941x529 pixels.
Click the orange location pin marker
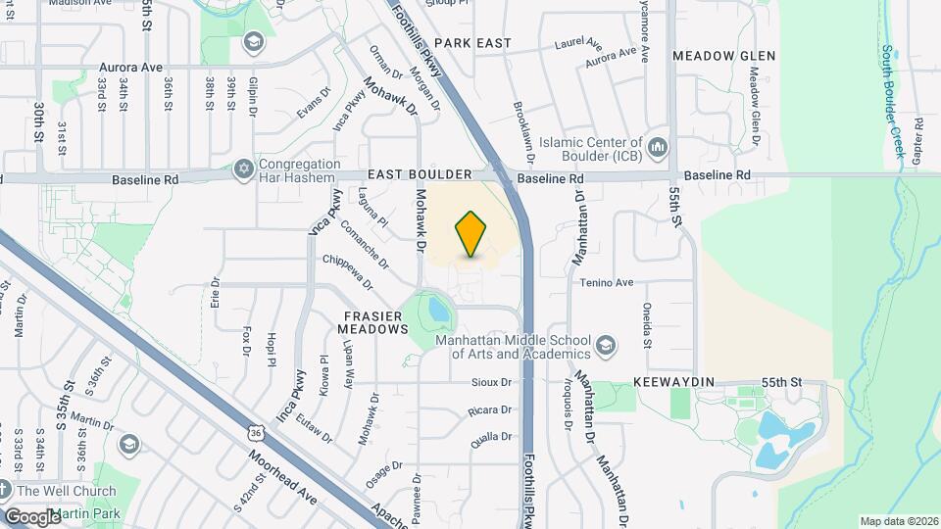point(471,234)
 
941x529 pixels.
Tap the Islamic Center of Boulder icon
point(658,147)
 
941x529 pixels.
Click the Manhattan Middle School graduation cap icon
point(607,345)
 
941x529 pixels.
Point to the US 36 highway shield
point(255,432)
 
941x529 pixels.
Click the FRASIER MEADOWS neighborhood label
point(375,323)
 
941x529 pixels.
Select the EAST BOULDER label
point(420,174)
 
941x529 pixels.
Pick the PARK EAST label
point(473,43)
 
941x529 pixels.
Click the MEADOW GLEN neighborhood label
point(724,56)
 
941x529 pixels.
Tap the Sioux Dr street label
point(492,382)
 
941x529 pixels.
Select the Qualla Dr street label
point(492,438)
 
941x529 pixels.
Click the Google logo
point(31,516)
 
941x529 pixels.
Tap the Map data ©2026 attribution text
point(898,521)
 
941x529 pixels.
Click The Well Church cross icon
point(5,490)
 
